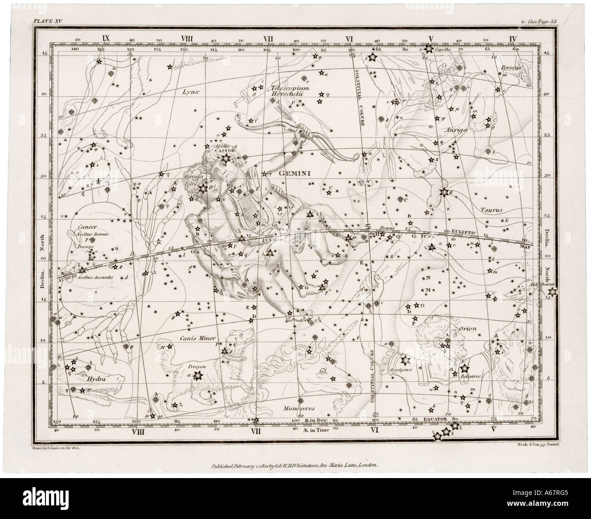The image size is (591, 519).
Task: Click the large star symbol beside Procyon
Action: (x=197, y=375)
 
